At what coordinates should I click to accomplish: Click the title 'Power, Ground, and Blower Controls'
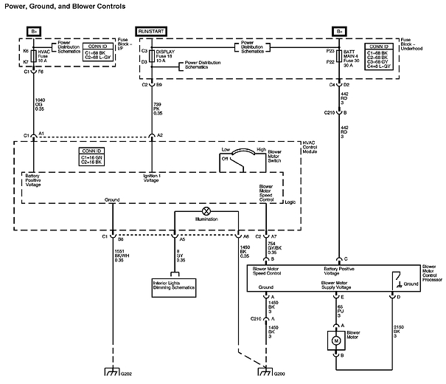(x=63, y=6)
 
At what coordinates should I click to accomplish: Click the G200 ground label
(x=279, y=374)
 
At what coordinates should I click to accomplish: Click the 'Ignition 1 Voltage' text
(x=151, y=179)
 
